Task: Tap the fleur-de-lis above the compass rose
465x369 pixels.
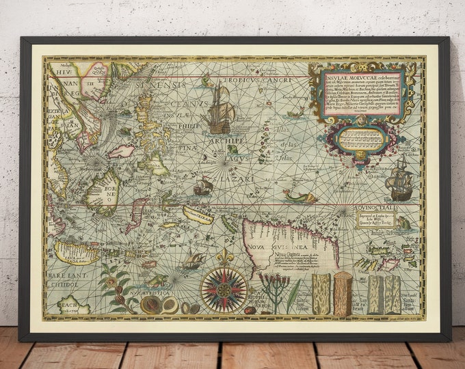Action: click(224, 258)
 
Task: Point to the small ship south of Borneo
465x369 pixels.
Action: click(194, 260)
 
